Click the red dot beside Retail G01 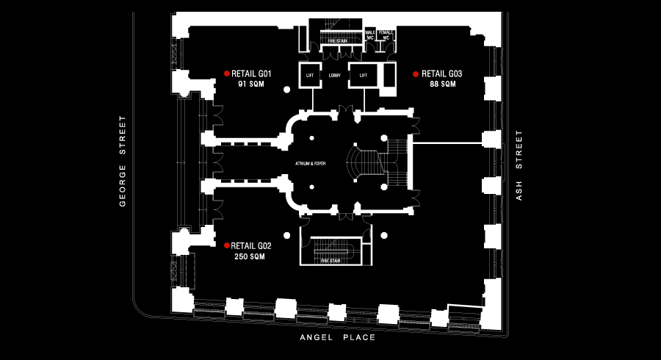pos(227,73)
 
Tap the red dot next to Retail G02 pos(227,245)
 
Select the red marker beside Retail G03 pos(416,73)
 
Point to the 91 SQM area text pos(251,84)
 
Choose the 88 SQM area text pos(443,84)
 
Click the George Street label pos(123,161)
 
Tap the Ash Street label pos(519,165)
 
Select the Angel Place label pos(338,338)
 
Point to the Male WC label pos(371,35)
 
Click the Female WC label pos(387,35)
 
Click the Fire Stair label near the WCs pos(337,42)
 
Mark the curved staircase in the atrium pos(358,166)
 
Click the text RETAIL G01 pos(252,73)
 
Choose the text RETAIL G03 pos(442,73)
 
